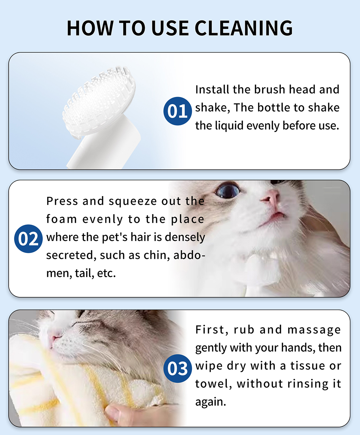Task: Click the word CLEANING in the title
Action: click(x=244, y=28)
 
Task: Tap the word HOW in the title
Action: click(x=90, y=28)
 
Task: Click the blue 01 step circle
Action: click(x=177, y=111)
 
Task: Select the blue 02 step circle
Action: click(x=28, y=239)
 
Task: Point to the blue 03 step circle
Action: click(x=177, y=369)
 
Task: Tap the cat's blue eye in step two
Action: click(x=227, y=190)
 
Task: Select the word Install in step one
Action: click(x=212, y=89)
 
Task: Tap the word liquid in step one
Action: click(x=229, y=126)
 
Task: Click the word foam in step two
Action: click(x=62, y=219)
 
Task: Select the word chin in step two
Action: click(x=157, y=255)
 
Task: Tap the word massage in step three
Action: click(x=314, y=330)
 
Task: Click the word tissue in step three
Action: click(x=307, y=366)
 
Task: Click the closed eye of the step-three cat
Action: click(x=82, y=324)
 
